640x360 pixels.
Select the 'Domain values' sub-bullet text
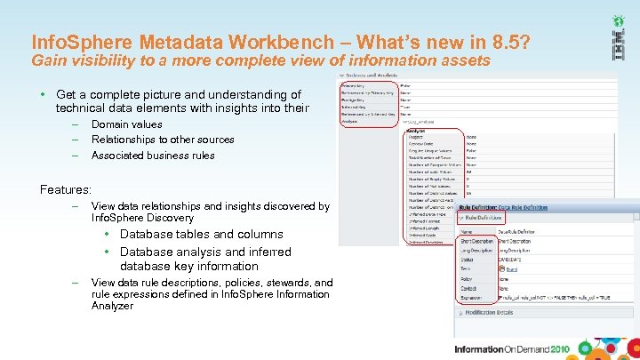tap(126, 124)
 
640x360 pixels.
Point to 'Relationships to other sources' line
tap(163, 140)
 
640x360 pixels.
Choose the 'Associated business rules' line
tap(153, 155)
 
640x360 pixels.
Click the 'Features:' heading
tap(66, 189)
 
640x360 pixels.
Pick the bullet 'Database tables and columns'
tap(202, 235)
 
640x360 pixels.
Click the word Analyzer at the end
tap(112, 306)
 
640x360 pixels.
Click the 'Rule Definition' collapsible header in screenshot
tap(484, 217)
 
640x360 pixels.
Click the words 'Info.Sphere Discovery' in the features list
tap(142, 218)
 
